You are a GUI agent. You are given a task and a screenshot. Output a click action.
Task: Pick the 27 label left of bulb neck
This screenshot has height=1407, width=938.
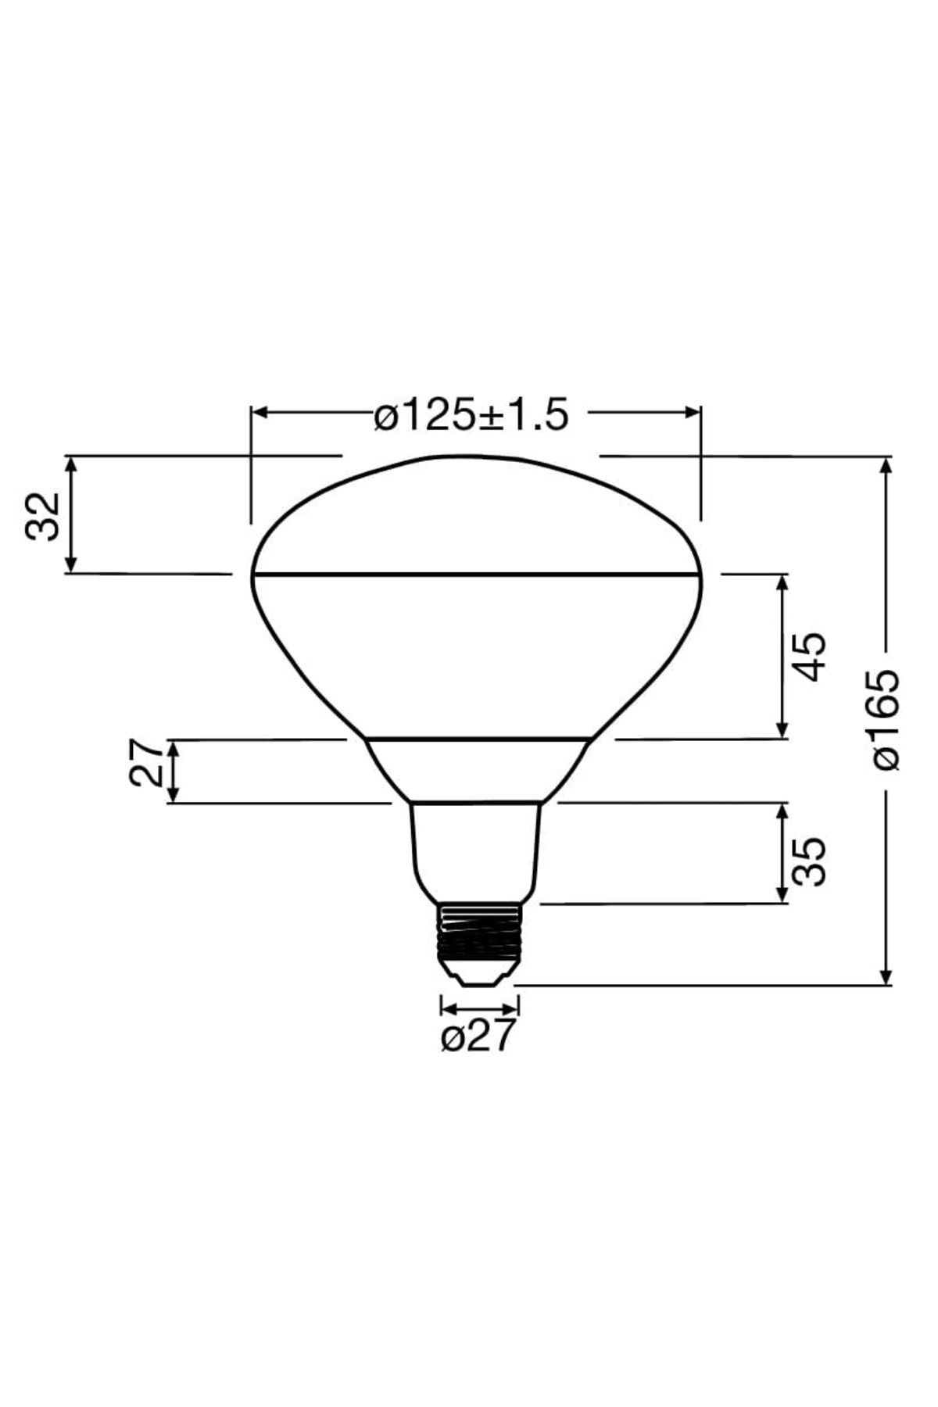tap(147, 764)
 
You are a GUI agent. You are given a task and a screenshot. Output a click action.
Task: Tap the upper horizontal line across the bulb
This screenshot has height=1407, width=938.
tap(475, 575)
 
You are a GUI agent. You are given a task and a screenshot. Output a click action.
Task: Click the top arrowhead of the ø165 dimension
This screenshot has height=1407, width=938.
tap(886, 465)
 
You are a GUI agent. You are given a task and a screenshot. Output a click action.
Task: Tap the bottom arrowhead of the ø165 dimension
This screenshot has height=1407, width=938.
tap(886, 977)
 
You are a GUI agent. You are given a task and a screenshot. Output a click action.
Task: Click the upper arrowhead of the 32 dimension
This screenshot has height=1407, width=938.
tap(71, 464)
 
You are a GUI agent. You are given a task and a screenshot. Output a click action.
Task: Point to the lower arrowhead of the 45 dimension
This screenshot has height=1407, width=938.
tap(782, 730)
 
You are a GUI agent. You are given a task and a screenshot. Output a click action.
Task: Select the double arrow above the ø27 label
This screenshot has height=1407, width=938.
tap(479, 1006)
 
